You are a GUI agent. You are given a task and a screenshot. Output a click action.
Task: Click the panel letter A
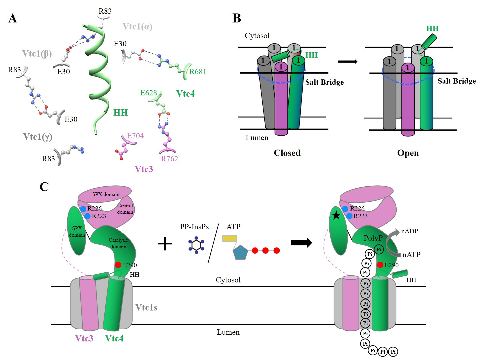(x=13, y=18)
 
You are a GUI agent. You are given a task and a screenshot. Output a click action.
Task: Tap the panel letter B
(x=237, y=18)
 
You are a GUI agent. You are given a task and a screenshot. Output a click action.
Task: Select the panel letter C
(x=44, y=187)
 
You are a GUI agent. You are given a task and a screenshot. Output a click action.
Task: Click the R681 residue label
(x=198, y=72)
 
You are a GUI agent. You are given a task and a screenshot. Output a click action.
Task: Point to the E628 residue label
(x=148, y=93)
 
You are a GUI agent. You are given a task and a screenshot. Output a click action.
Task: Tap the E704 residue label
(x=135, y=136)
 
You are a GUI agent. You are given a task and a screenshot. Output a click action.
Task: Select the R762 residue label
(x=169, y=159)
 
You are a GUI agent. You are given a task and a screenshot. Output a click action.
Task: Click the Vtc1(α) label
(x=137, y=27)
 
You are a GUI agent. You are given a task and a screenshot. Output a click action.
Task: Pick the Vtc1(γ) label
(x=38, y=137)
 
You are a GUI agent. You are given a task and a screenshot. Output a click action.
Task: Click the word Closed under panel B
(x=287, y=153)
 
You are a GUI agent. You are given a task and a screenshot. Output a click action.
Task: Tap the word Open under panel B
(x=408, y=153)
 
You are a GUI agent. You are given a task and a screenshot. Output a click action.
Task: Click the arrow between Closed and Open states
(x=347, y=62)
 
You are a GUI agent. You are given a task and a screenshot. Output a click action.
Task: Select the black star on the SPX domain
(x=336, y=216)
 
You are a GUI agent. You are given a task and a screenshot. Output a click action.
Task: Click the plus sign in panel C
(x=165, y=244)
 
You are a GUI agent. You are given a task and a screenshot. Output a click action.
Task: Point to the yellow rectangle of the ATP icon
(x=230, y=238)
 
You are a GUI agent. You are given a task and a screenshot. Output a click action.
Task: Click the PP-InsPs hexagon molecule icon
(x=196, y=245)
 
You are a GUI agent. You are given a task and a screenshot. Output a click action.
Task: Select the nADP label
(x=409, y=231)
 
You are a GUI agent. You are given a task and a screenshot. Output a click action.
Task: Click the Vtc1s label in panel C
(x=146, y=307)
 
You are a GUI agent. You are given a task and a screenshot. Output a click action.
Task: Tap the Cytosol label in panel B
(x=257, y=36)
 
